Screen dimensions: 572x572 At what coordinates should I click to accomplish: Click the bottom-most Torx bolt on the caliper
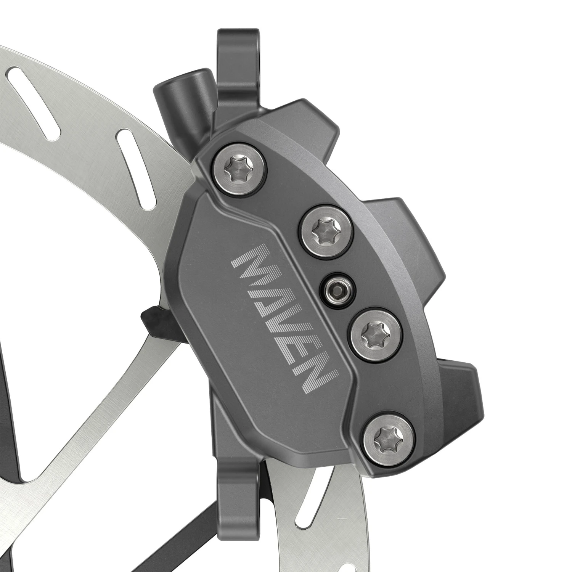pyautogui.click(x=389, y=438)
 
